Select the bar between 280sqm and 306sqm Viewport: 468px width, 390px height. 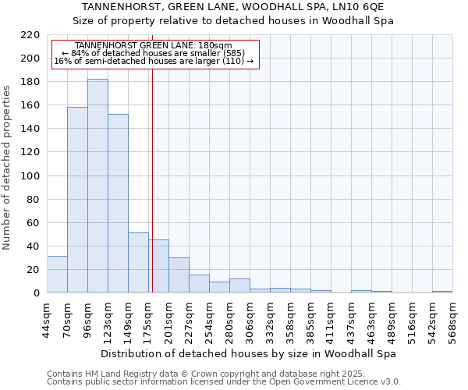(x=239, y=285)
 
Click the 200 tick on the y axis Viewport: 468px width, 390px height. (x=30, y=58)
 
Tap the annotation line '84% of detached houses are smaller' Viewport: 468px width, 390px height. (x=153, y=53)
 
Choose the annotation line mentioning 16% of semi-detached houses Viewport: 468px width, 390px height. (x=153, y=61)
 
